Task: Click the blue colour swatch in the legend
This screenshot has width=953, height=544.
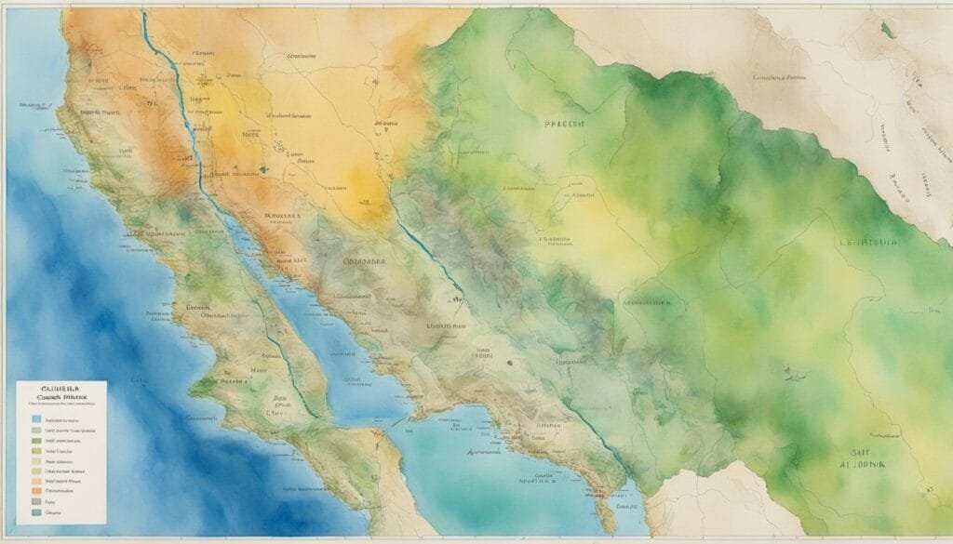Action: (x=36, y=419)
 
